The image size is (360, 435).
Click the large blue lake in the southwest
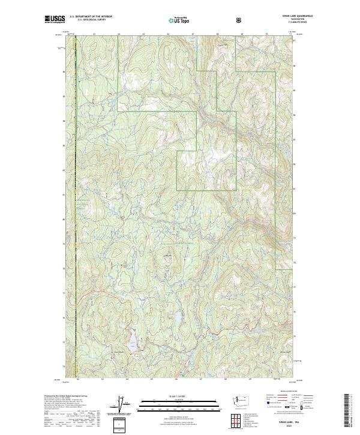tap(134, 343)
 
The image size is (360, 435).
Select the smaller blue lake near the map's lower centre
tap(178, 316)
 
